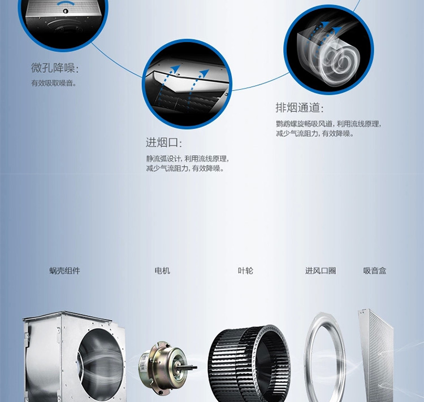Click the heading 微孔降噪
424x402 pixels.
54,68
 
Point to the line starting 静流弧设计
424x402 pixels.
187,159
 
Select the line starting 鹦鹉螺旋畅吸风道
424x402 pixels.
328,124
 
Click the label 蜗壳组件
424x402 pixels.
64,271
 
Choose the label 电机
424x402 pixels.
162,271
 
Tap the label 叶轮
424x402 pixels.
245,271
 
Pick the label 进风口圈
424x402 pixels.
321,271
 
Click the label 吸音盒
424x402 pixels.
375,271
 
